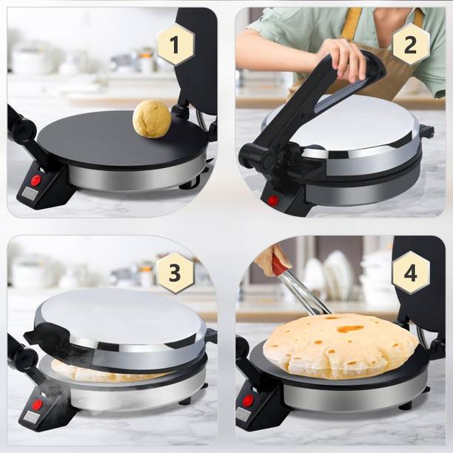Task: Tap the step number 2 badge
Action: (x=411, y=44)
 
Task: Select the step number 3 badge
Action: (x=175, y=272)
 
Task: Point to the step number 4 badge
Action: (x=411, y=272)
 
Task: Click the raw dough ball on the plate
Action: (x=152, y=119)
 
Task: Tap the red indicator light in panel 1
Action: (x=36, y=180)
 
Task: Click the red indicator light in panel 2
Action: (x=273, y=200)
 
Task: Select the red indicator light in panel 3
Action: (x=36, y=404)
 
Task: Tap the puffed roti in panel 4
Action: (x=340, y=345)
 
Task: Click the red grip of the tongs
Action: (x=279, y=264)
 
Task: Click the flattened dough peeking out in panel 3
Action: (x=81, y=372)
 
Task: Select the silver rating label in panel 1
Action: (x=30, y=194)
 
